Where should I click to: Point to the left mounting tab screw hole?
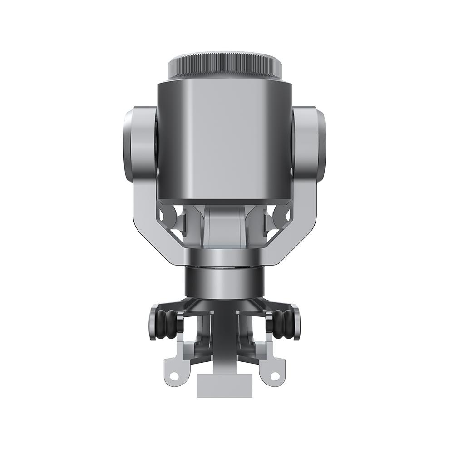coord(173,376)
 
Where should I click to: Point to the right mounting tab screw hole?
coord(274,376)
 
